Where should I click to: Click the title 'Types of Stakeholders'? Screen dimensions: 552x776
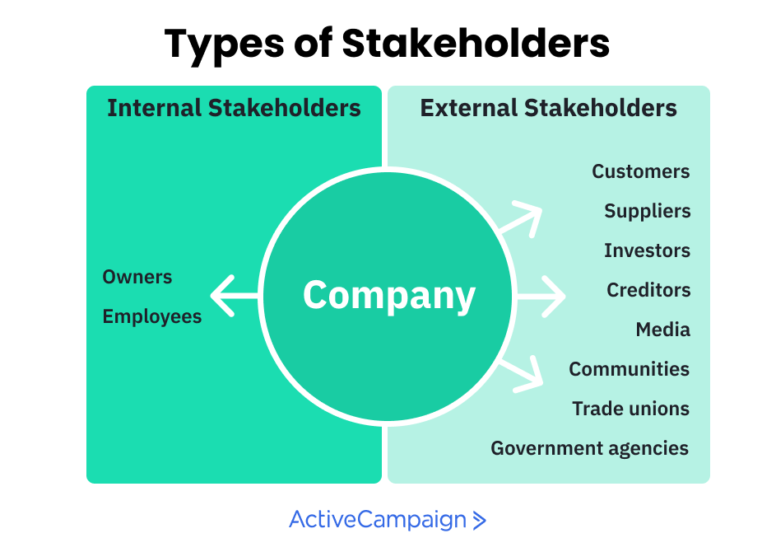click(387, 43)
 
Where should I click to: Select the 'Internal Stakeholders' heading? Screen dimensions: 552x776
click(234, 108)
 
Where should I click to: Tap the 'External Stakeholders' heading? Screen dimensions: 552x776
click(548, 108)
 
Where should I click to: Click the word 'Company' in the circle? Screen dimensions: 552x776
click(389, 295)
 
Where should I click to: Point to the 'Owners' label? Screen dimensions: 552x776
click(137, 277)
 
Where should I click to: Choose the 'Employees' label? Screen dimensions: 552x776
click(152, 316)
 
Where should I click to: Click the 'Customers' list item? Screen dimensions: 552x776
click(640, 171)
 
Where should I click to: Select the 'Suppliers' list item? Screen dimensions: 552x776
click(647, 211)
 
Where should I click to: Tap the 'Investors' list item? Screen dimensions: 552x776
click(647, 250)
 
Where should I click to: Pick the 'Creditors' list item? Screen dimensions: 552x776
click(648, 290)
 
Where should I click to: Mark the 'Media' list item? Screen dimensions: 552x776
click(662, 330)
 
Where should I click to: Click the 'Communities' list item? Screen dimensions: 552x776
click(629, 369)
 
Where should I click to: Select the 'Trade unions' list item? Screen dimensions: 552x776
click(630, 409)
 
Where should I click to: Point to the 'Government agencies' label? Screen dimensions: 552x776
click(589, 448)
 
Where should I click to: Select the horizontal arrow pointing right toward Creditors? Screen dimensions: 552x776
click(543, 295)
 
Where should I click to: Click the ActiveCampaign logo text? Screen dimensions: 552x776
click(378, 520)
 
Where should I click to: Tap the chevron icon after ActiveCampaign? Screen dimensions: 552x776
click(480, 521)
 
